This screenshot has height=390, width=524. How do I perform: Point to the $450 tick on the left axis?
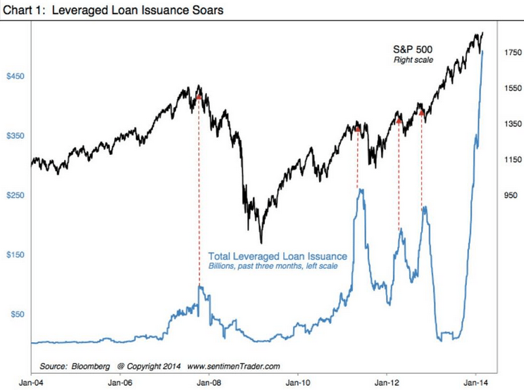point(15,76)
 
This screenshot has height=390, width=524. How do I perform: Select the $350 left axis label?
point(15,136)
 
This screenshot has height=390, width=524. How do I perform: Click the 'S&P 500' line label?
point(413,49)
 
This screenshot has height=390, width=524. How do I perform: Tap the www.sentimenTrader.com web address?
point(235,366)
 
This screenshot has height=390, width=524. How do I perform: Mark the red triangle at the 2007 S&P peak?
point(199,97)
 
